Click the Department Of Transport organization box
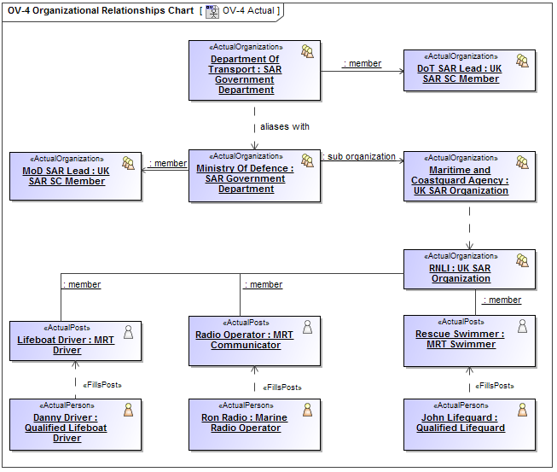[254, 70]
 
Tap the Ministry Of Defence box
[254, 177]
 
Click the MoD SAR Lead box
[75, 177]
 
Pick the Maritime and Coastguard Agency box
[469, 177]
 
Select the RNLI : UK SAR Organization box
[469, 270]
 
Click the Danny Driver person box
[75, 424]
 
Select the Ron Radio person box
[254, 424]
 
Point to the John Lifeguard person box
[469, 424]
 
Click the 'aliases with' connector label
[285, 126]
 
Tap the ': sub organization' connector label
[360, 157]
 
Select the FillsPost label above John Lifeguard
[496, 386]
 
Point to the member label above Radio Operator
[264, 284]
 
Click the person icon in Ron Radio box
[307, 410]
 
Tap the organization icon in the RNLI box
[522, 259]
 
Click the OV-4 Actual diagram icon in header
[212, 11]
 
